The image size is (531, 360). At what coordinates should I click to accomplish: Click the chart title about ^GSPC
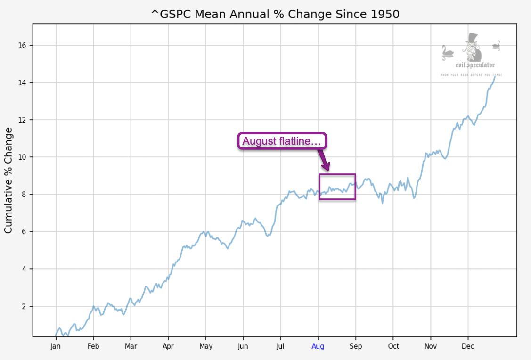coord(275,14)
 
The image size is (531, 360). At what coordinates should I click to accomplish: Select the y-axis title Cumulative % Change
coord(8,180)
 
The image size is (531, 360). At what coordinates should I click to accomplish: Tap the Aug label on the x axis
coord(318,346)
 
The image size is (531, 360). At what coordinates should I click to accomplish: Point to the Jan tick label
coord(56,346)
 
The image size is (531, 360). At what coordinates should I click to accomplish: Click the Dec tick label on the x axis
coord(468,346)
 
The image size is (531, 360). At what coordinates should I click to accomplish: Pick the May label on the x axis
coord(205,346)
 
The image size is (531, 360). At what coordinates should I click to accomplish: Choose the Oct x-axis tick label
coord(393,346)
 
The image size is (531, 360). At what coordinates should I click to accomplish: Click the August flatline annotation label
coord(282,141)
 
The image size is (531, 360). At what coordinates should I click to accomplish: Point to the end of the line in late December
coord(495,76)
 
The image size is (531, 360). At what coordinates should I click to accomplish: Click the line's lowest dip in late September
coord(382,203)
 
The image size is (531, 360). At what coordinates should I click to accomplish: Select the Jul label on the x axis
coord(280,346)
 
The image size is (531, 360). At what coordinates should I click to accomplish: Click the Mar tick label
coord(131,346)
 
